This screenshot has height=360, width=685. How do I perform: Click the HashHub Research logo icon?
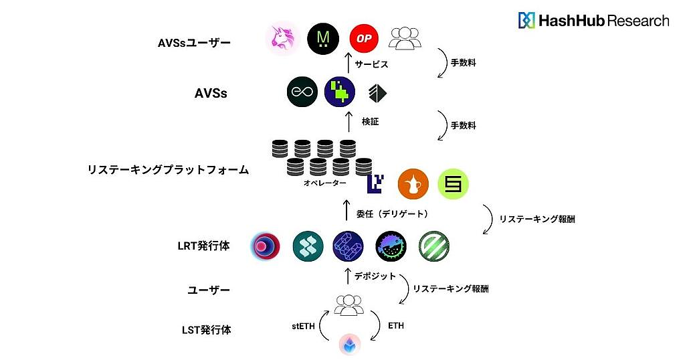coord(526,20)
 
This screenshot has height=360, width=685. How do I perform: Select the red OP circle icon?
coord(364,38)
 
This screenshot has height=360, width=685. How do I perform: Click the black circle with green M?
coord(323,38)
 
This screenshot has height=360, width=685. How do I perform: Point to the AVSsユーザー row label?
coord(194,43)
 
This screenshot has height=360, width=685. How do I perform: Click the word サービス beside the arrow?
coord(372,65)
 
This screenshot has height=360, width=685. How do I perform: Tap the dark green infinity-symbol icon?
coord(302,92)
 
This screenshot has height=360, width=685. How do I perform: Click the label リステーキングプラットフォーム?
coord(168,170)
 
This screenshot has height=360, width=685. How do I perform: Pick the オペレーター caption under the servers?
coord(324,183)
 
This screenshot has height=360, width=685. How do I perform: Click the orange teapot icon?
coord(413,184)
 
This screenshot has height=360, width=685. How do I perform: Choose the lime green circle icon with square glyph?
coord(454,184)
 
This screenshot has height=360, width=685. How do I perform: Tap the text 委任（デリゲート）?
coord(392,213)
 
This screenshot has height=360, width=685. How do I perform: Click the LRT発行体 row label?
coord(209,246)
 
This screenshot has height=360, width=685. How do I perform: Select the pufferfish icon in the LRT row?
coord(391,246)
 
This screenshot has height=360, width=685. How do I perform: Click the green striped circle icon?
coord(433,246)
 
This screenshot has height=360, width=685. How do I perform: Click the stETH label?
coord(303,326)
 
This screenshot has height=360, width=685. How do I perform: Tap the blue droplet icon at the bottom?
coord(349,345)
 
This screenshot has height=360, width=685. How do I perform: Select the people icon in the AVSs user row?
coord(405,38)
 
